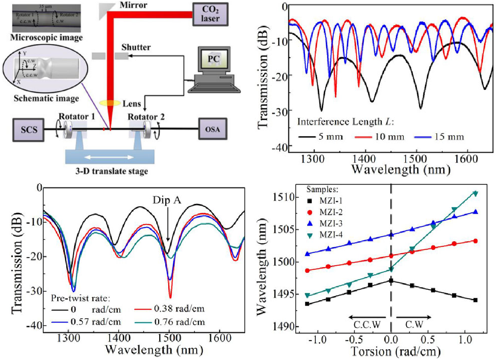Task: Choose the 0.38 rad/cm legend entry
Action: (172, 309)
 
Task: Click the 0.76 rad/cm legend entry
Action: (172, 321)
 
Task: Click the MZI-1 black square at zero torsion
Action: (391, 280)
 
